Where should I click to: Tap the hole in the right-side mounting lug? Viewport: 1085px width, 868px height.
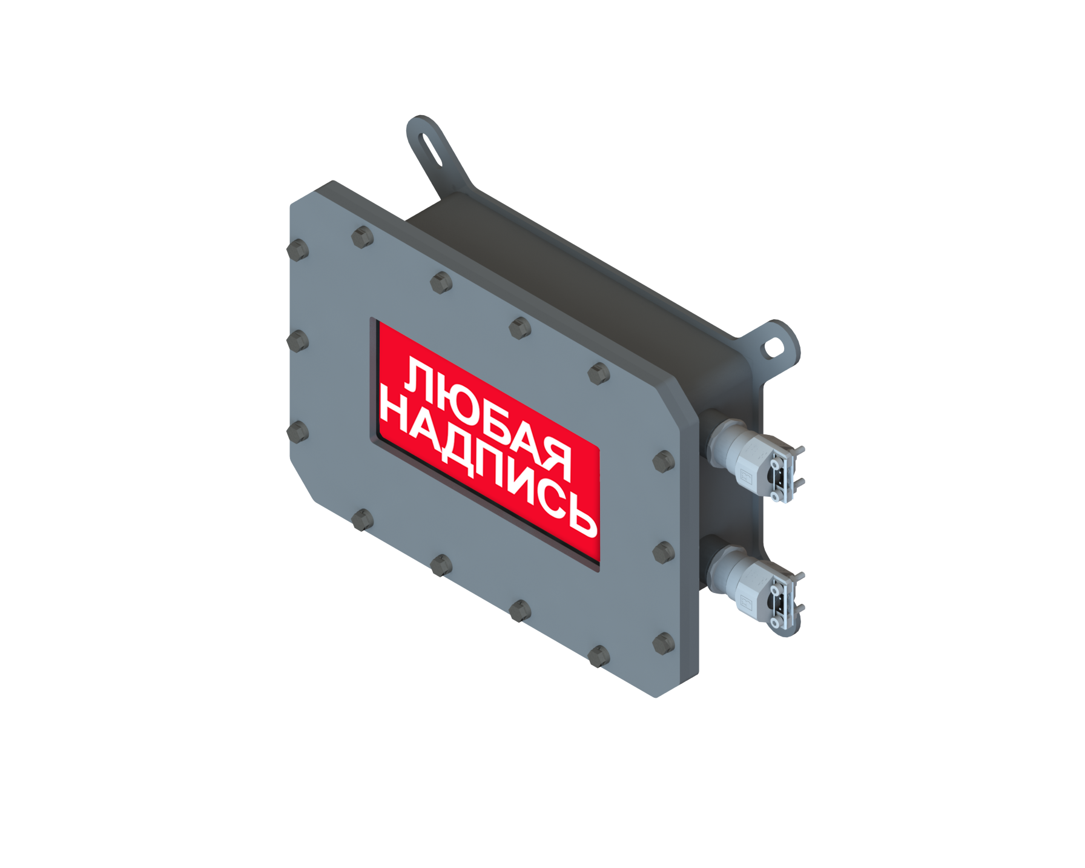[774, 348]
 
